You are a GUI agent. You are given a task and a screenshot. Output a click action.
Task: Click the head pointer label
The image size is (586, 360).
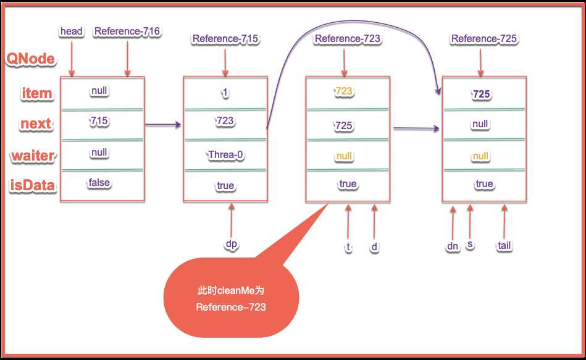point(72,31)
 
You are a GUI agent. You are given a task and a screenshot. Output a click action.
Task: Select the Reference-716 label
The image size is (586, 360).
point(127,31)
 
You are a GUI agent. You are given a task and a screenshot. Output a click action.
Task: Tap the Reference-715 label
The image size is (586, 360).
point(225,39)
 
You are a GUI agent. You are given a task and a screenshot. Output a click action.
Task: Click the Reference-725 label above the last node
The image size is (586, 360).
point(483,39)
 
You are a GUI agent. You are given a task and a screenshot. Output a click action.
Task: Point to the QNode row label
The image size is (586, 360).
point(30,59)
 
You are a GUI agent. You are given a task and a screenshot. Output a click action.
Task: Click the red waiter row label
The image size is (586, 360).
point(33,156)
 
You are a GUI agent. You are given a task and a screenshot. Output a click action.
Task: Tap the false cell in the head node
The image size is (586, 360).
point(99,182)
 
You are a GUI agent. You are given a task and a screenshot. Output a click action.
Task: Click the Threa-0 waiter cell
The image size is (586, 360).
point(225,154)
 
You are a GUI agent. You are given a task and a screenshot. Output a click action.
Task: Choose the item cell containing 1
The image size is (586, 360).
point(225,92)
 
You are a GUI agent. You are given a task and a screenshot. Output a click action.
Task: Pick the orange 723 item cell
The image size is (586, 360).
point(344,91)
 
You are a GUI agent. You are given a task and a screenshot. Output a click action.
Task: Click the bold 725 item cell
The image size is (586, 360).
point(481,94)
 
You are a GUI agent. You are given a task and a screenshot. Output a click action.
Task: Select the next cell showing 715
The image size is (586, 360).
point(99,121)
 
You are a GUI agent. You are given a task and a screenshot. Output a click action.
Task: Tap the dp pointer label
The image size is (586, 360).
point(231,244)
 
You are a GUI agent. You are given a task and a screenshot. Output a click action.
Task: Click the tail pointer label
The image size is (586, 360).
point(504,246)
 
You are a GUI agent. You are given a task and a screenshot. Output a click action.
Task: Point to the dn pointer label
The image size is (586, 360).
point(453,246)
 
